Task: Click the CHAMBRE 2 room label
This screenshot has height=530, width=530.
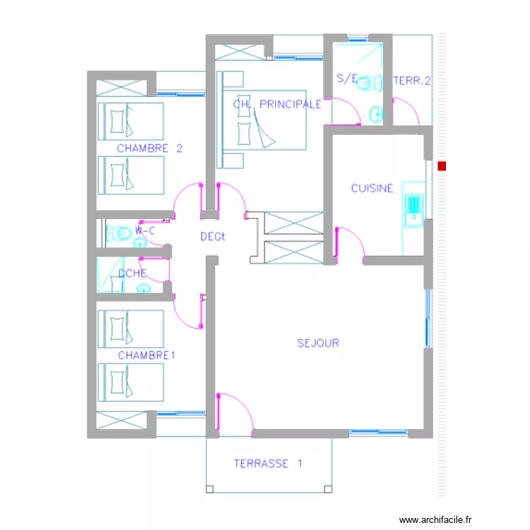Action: tap(150, 148)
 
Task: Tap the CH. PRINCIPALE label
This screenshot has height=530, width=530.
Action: tap(277, 104)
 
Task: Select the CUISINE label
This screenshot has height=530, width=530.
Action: tap(372, 188)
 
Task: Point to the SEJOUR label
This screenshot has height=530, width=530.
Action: tap(318, 343)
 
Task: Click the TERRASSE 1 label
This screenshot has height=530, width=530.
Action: tap(268, 464)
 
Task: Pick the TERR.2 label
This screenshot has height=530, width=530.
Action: tap(412, 81)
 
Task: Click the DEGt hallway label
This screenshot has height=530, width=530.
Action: tap(212, 237)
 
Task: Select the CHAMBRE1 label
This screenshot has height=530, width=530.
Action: tap(146, 355)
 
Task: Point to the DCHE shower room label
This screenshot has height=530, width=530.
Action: tap(132, 273)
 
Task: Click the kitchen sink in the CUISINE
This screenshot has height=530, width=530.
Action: tap(413, 209)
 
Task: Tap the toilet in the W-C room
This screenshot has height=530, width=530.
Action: tap(119, 232)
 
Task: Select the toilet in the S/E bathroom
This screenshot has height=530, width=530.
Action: tap(367, 84)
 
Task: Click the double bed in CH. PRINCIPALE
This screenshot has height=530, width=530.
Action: tap(261, 127)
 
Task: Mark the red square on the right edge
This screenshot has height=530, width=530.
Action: tap(442, 167)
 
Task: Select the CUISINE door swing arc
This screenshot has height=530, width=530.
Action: tap(351, 240)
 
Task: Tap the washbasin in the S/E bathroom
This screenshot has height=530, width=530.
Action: tap(375, 112)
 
